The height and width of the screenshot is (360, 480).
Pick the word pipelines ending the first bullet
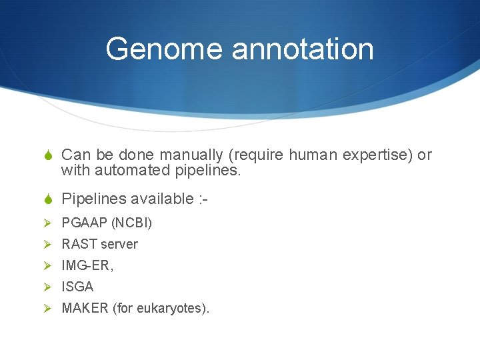[x=207, y=171]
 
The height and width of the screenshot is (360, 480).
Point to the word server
[x=119, y=244]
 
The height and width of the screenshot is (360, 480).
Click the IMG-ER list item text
[x=87, y=265]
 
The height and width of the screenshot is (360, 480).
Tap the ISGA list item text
[x=77, y=287]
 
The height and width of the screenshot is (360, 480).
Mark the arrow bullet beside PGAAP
[x=47, y=223]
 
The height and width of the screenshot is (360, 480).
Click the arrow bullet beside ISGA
[x=47, y=287]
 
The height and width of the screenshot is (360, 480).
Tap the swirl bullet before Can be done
[x=47, y=156]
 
